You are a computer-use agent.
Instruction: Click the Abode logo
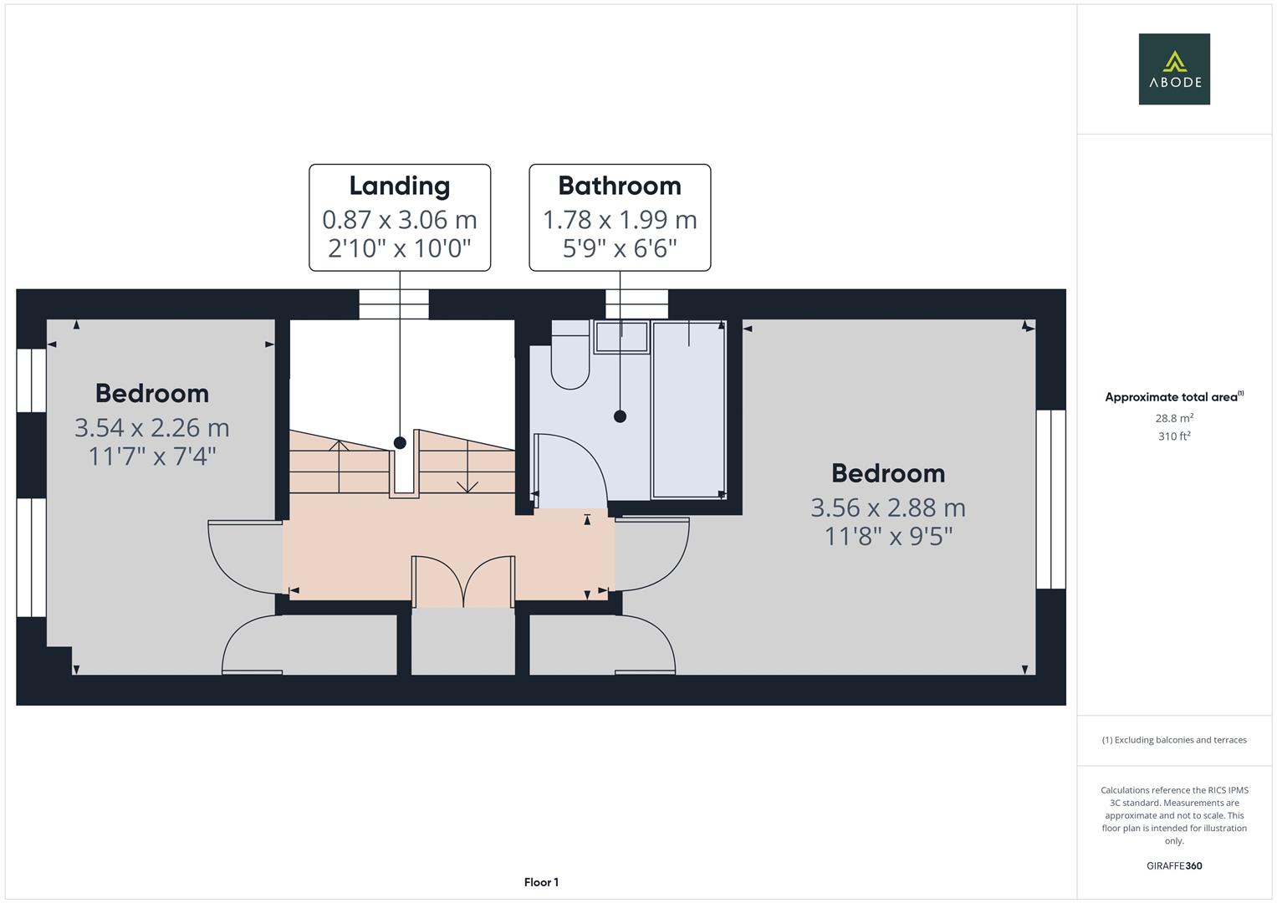(1174, 69)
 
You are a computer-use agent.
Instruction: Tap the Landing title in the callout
(400, 186)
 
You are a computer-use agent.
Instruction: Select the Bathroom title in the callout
(620, 186)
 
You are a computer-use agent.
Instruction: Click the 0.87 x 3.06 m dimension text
(400, 219)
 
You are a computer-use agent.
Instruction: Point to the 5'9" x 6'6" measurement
(620, 248)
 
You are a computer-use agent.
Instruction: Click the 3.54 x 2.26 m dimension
(152, 427)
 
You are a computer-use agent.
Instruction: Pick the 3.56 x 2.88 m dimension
(888, 508)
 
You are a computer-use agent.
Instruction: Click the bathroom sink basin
(621, 337)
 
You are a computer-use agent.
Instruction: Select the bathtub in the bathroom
(688, 410)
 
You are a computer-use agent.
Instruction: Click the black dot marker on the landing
(400, 442)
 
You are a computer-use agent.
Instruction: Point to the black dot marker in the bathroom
(621, 416)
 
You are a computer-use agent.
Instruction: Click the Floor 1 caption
(541, 882)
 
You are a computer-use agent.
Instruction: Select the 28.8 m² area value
(1174, 418)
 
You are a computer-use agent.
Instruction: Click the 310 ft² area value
(1174, 436)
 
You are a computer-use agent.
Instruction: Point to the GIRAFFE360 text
(1174, 866)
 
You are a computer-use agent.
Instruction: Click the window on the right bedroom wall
(1050, 499)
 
